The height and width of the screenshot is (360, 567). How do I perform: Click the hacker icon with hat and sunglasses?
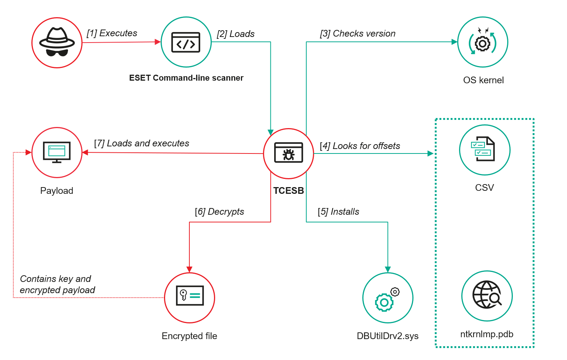tap(57, 43)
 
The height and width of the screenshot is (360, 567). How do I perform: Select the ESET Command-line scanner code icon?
tap(186, 42)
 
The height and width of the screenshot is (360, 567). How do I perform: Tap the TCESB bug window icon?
tap(288, 153)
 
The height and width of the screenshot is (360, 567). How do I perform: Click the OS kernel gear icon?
tap(483, 42)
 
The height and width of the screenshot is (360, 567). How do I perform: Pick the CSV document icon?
tap(484, 149)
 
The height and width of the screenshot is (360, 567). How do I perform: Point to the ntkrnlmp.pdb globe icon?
tap(487, 296)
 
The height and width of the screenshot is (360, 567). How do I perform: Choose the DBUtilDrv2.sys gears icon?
tap(388, 298)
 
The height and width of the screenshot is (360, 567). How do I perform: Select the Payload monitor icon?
tap(57, 152)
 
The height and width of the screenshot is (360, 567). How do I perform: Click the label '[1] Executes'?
tap(112, 33)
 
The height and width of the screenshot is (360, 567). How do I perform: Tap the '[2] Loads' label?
tap(236, 34)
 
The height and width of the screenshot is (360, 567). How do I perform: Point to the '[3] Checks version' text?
tap(357, 34)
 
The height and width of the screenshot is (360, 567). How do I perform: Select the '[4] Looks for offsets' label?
tap(360, 146)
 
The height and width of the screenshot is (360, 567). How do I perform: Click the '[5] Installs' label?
tap(338, 212)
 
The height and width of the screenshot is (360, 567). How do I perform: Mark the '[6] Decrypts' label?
tap(219, 212)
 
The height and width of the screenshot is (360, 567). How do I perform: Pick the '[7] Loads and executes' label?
tap(142, 143)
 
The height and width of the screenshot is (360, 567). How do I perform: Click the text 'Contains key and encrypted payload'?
tap(57, 285)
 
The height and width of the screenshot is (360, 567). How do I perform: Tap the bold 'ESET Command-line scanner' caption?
tap(186, 78)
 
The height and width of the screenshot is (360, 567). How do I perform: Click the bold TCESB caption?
tap(288, 191)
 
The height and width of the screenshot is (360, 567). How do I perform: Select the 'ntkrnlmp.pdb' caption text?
tap(487, 334)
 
